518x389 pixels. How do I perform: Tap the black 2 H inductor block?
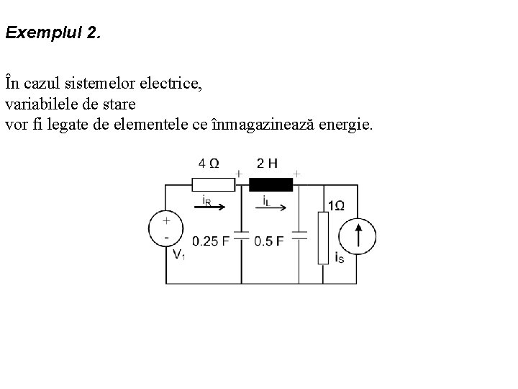(x=271, y=184)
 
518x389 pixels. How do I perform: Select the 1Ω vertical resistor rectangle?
(x=324, y=238)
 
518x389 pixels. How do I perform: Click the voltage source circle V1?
(x=166, y=230)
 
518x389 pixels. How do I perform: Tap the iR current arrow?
(x=214, y=206)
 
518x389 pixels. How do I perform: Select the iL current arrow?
(x=273, y=206)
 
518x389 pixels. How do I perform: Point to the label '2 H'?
(x=267, y=162)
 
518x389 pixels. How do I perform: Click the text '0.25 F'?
(x=211, y=241)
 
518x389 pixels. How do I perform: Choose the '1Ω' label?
(x=336, y=206)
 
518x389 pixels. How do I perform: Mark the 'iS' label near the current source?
(x=340, y=257)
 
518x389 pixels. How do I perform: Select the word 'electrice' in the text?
(x=175, y=84)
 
